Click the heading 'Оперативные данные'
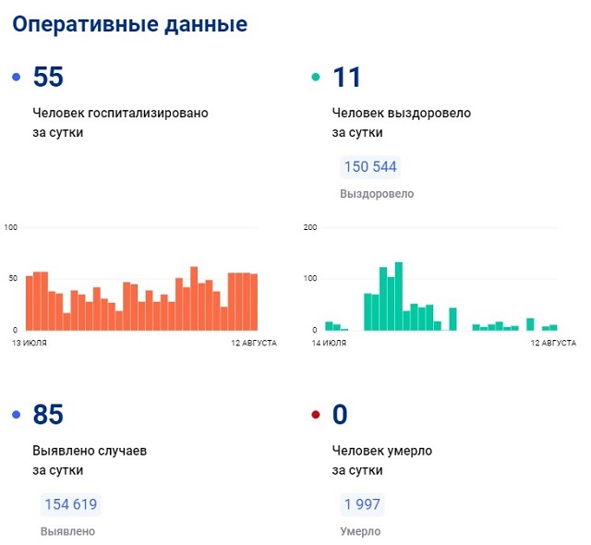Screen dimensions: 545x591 [129, 25]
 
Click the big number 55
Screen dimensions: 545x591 [48, 78]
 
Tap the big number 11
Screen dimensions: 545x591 [347, 78]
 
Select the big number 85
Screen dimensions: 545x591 [48, 416]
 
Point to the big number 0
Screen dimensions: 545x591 [340, 416]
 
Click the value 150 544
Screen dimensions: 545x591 [370, 167]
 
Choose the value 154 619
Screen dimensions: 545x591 [70, 504]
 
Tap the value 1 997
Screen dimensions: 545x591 [361, 504]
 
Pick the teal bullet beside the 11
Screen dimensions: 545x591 [316, 78]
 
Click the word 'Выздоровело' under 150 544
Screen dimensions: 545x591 [377, 194]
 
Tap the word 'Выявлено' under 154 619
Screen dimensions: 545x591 [67, 531]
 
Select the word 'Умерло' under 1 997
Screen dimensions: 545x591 [360, 531]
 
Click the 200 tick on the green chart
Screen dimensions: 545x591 [310, 227]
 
